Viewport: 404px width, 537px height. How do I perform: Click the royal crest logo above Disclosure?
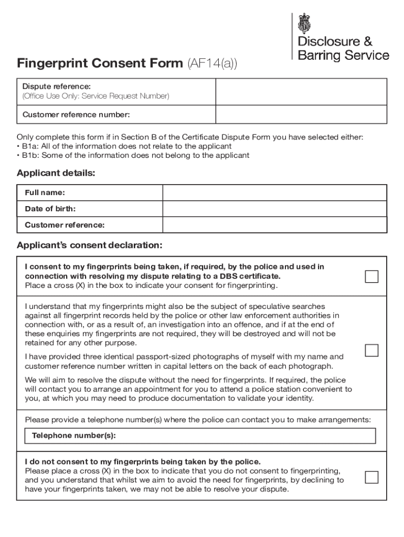(304, 24)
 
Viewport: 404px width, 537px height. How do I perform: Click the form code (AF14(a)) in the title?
(212, 64)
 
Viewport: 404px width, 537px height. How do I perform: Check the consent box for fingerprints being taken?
(371, 276)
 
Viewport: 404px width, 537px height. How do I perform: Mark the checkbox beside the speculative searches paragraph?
(371, 350)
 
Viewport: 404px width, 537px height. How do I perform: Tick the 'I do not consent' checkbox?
(371, 477)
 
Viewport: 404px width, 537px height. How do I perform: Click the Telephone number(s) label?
(74, 436)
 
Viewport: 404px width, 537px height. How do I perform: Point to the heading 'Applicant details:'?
(56, 173)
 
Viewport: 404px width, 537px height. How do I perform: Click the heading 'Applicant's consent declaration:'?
(90, 245)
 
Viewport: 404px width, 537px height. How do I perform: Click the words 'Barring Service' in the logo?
(344, 55)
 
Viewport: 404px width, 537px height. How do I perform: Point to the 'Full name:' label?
(45, 192)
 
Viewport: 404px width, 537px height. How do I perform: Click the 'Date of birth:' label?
(50, 209)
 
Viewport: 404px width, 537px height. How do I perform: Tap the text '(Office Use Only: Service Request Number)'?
(95, 96)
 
